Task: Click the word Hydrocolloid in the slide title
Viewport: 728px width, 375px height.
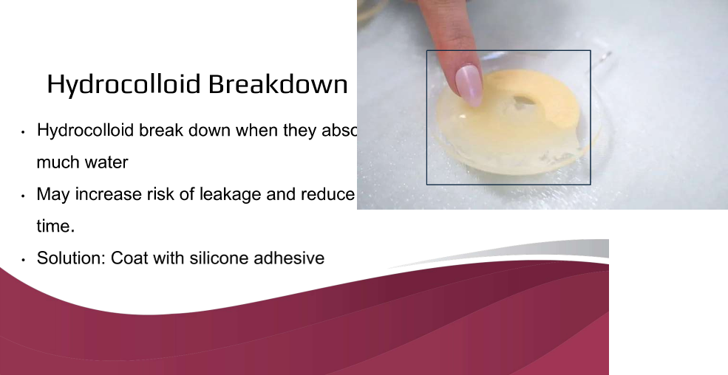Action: [123, 84]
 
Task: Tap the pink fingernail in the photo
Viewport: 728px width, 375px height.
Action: [469, 83]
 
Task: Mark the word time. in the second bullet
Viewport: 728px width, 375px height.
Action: [55, 227]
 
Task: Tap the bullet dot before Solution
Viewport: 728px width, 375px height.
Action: [24, 260]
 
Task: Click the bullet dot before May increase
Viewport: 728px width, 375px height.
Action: [24, 196]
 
